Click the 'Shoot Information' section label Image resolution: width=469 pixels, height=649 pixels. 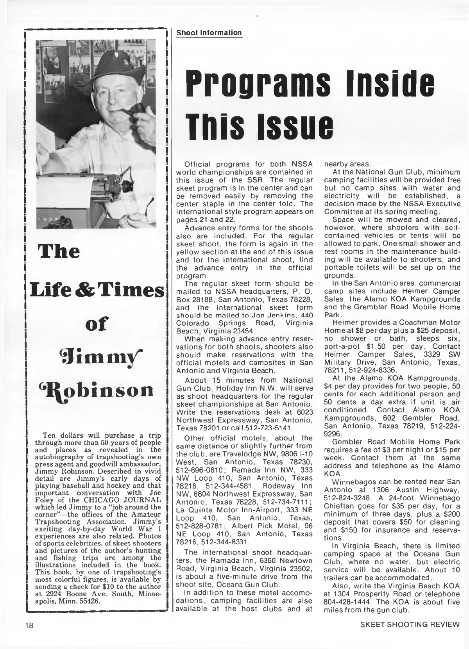(209, 33)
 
